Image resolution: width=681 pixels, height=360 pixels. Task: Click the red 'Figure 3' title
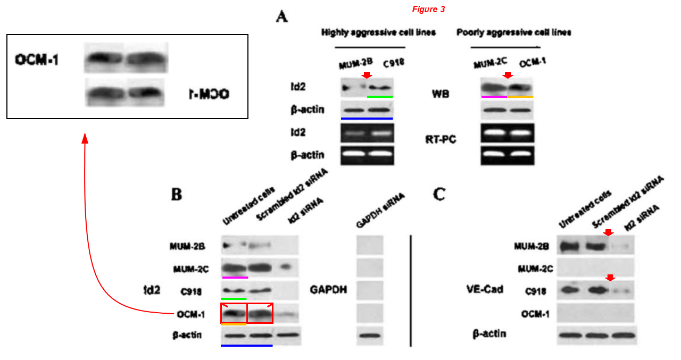coord(428,10)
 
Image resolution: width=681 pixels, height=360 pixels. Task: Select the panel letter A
coord(282,17)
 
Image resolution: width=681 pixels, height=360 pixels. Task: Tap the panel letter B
coord(177,195)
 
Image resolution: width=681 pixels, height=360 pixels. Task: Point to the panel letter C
coord(439,195)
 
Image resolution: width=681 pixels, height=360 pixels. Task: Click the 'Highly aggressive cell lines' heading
coord(378,33)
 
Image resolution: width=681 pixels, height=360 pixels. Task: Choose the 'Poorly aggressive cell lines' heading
coord(514,33)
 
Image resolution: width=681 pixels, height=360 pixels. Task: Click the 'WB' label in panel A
coord(441,94)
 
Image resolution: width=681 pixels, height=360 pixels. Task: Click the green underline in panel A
coord(380,97)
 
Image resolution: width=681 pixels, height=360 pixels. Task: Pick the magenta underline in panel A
coord(494,97)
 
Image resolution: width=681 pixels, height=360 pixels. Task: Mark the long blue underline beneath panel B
coord(246,346)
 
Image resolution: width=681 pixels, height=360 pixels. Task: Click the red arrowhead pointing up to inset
coord(84,138)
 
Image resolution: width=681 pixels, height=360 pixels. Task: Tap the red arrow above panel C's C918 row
coord(610,278)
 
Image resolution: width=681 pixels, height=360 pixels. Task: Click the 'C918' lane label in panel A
coord(394,63)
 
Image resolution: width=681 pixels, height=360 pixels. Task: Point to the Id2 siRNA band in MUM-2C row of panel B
coord(286,267)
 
